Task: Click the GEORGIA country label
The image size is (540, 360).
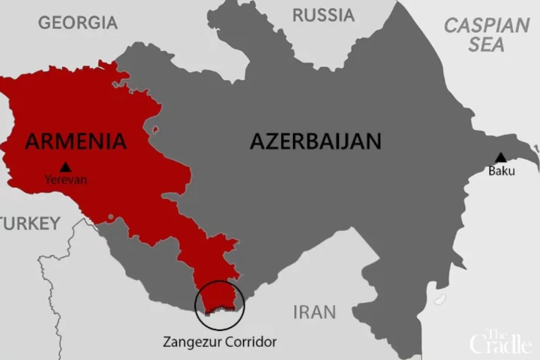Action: click(78, 22)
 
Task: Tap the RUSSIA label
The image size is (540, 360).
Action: click(323, 15)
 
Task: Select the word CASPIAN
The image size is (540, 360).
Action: click(487, 26)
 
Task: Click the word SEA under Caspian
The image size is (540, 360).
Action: click(486, 45)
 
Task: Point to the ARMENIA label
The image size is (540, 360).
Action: click(76, 141)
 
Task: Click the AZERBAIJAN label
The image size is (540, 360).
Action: click(315, 141)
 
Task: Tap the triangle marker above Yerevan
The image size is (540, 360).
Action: click(66, 167)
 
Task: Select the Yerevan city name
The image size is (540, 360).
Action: click(66, 180)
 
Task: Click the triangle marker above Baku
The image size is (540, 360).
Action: click(500, 157)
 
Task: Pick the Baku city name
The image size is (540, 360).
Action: click(501, 171)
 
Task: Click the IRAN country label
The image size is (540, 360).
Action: click(315, 312)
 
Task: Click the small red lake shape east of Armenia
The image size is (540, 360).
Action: click(156, 130)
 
